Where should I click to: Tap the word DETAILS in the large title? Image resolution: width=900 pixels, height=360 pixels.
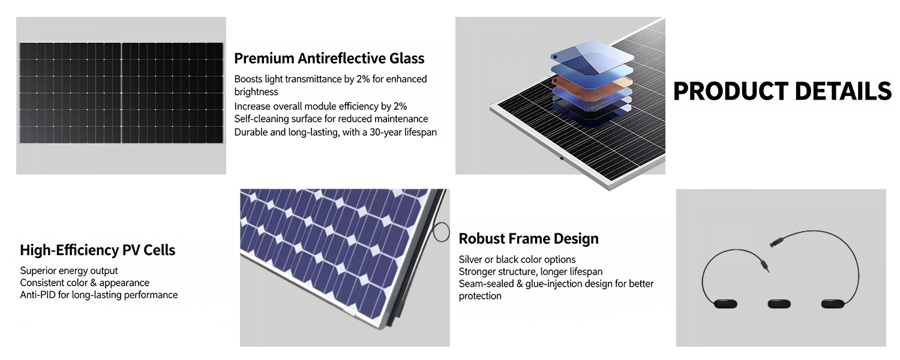[843, 91]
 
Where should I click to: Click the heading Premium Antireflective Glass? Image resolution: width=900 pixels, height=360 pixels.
[329, 58]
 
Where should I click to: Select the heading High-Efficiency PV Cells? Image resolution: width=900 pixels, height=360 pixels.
[98, 250]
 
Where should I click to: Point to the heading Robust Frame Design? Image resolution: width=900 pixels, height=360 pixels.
[529, 239]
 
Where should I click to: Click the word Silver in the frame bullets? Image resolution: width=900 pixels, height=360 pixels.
[472, 259]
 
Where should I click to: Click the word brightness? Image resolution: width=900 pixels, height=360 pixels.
[256, 92]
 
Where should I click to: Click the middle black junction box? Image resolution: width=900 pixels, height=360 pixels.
[779, 304]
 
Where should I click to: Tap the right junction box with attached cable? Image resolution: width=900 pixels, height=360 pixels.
[834, 304]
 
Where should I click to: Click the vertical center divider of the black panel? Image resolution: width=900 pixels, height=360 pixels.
[121, 92]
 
